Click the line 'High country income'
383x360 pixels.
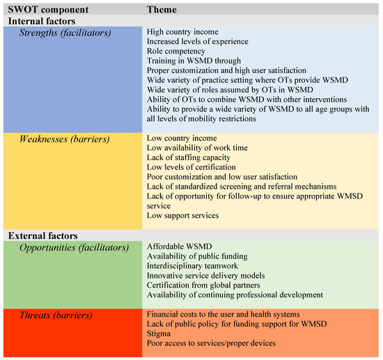pos(183,33)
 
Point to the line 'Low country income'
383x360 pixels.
pos(182,139)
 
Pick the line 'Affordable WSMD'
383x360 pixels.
pos(178,247)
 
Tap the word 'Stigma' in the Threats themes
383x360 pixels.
pos(161,334)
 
